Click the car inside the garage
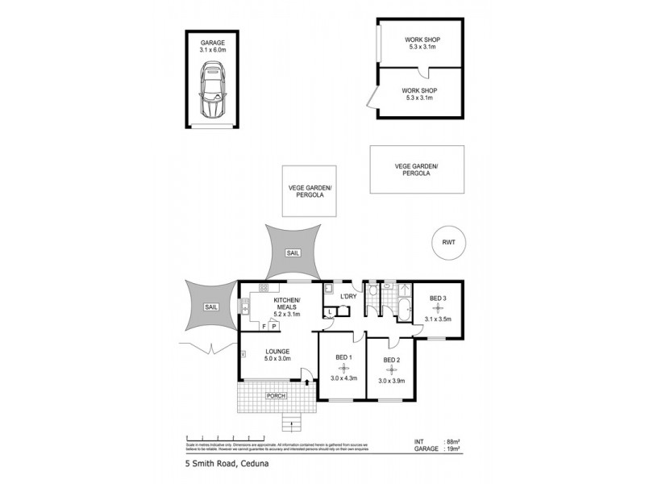click(x=214, y=91)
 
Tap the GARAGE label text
click(x=214, y=42)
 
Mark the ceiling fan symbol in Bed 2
click(x=392, y=371)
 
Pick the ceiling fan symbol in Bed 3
click(x=438, y=309)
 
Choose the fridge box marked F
click(x=263, y=326)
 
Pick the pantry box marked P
click(x=273, y=326)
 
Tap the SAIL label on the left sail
click(x=211, y=307)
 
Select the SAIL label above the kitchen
click(x=293, y=252)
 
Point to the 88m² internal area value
click(x=451, y=442)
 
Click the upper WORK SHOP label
click(x=422, y=40)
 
